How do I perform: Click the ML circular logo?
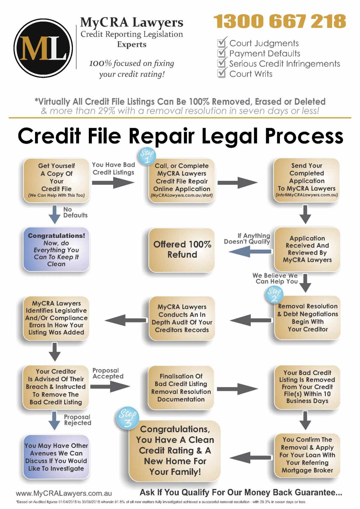click(x=43, y=48)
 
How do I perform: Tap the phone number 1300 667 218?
click(x=280, y=21)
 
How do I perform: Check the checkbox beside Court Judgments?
click(x=221, y=43)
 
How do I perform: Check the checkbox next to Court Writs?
click(x=221, y=73)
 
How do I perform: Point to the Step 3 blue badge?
click(x=127, y=418)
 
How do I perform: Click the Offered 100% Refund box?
click(x=182, y=250)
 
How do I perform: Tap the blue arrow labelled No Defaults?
click(x=55, y=214)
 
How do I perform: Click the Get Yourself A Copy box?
click(x=56, y=180)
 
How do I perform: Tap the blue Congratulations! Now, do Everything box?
click(x=56, y=250)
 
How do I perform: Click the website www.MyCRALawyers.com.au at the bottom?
click(x=64, y=493)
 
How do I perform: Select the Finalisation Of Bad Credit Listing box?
click(x=181, y=388)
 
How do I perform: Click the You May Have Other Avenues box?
click(x=56, y=457)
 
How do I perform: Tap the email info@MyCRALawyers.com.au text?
click(x=307, y=195)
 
